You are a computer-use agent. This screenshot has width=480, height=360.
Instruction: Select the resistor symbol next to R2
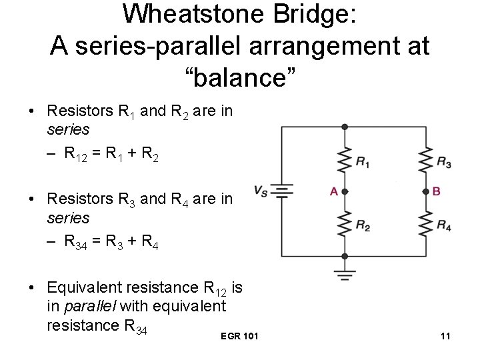click(x=344, y=224)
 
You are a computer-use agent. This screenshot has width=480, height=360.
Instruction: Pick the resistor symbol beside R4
click(x=427, y=224)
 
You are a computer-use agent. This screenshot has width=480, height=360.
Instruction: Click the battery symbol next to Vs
click(x=282, y=192)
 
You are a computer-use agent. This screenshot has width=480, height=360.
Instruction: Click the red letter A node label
click(x=333, y=191)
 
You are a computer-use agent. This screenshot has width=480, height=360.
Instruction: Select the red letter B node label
click(x=437, y=191)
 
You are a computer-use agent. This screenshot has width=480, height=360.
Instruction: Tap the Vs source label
click(x=261, y=191)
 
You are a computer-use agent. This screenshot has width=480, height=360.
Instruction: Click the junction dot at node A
click(x=344, y=192)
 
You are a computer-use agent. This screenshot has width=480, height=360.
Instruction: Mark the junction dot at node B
click(x=427, y=192)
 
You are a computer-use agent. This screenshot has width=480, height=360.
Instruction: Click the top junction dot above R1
click(x=344, y=127)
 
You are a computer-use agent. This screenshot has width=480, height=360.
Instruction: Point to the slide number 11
click(x=445, y=336)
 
